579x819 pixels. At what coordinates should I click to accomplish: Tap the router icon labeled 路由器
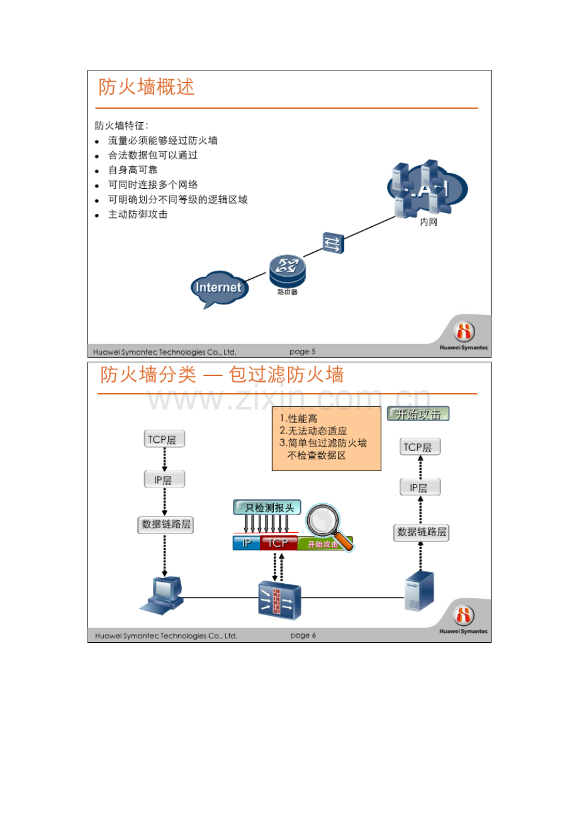coord(287,270)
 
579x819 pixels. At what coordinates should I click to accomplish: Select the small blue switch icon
coord(334,242)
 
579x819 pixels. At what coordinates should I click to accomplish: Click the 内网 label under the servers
coord(428,223)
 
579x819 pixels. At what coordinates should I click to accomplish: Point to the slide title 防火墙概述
coord(147,87)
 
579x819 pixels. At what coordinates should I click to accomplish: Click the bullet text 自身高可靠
coord(132,170)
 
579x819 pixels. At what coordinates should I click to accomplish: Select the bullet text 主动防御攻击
coord(137,214)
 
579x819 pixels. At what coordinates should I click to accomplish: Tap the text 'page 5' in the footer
coord(303,352)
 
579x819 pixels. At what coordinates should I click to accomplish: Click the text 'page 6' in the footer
coord(303,635)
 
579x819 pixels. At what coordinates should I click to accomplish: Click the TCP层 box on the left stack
coord(165,439)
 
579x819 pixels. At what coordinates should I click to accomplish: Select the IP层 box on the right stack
coord(420,487)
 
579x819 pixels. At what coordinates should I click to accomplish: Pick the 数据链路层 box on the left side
coord(166,525)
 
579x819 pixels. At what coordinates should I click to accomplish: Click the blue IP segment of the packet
coord(246,543)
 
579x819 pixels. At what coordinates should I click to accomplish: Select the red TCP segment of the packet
coord(278,543)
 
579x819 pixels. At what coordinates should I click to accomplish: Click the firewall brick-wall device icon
coord(279,598)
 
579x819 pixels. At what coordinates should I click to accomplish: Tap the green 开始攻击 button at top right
coord(418,415)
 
